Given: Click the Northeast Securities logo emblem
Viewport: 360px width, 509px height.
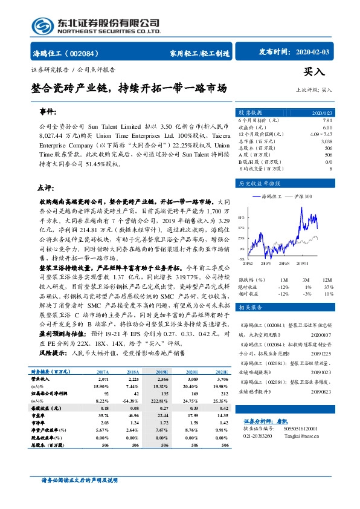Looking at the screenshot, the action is coord(42,27).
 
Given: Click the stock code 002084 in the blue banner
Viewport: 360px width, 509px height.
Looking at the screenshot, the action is coord(86,53).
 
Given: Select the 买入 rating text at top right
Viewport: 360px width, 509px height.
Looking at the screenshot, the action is coord(315,71).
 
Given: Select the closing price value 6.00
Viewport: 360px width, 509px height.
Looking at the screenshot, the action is coord(327,128).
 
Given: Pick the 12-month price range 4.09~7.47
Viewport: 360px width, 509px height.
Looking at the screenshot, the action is coord(320,134).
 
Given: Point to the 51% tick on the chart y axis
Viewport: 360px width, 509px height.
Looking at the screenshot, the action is coord(241,216).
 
